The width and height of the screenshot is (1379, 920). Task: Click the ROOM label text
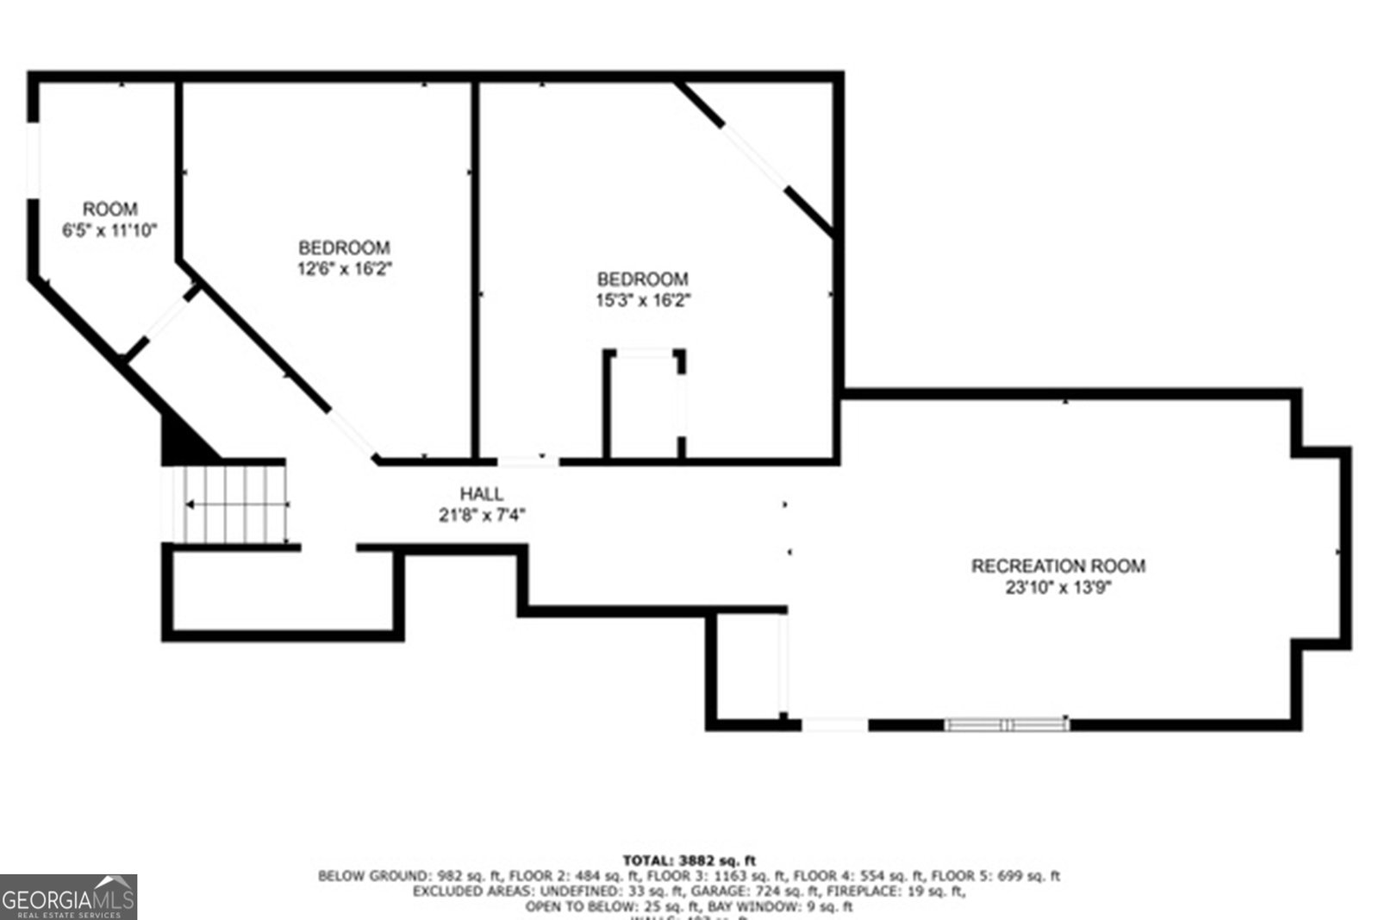pyautogui.click(x=109, y=209)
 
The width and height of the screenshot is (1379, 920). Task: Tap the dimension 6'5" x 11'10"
pyautogui.click(x=109, y=230)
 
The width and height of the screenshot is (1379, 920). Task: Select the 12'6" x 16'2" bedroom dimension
pyautogui.click(x=344, y=268)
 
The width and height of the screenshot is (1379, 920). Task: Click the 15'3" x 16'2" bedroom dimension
pyautogui.click(x=643, y=300)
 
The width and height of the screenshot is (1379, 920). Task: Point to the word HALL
pyautogui.click(x=481, y=494)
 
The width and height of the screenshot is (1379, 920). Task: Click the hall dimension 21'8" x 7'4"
pyautogui.click(x=481, y=516)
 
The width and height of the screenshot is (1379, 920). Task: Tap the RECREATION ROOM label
pyautogui.click(x=1058, y=566)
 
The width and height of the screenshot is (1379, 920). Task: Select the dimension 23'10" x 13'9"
pyautogui.click(x=1058, y=588)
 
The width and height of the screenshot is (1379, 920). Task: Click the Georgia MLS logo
pyautogui.click(x=68, y=897)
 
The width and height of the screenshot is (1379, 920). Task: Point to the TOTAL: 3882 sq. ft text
pyautogui.click(x=689, y=860)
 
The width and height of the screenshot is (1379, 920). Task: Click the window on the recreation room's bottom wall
pyautogui.click(x=1007, y=724)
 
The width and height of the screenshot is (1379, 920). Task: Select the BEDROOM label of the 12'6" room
pyautogui.click(x=344, y=247)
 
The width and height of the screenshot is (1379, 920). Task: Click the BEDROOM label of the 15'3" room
pyautogui.click(x=643, y=279)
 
